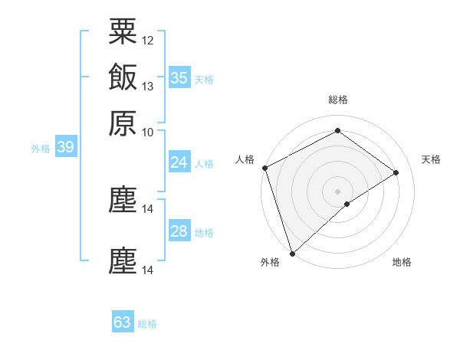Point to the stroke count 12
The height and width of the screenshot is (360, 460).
pos(148,40)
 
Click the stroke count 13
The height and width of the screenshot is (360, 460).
pos(148,87)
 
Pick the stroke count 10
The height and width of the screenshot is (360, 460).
pos(148,132)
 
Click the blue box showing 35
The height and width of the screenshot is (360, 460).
pos(179,77)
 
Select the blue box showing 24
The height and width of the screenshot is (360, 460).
pos(179,162)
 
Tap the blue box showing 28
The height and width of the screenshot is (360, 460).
pos(179,231)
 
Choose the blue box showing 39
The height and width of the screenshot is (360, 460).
pos(65,148)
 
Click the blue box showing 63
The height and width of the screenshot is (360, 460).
pos(123,322)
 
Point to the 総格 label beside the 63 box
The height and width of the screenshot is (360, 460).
pos(147,324)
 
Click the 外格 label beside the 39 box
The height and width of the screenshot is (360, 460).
pos(41,149)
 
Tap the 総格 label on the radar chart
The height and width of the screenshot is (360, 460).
pos(337,100)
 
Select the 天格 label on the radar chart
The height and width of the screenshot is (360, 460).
pos(431,159)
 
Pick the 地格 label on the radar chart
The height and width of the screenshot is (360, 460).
pos(402,263)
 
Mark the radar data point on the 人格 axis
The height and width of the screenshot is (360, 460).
pos(264,168)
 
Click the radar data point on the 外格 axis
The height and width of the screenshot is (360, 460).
pos(292,253)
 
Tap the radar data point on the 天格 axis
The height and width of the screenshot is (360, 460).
pos(396,172)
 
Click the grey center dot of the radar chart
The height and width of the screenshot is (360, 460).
pos(337,191)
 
